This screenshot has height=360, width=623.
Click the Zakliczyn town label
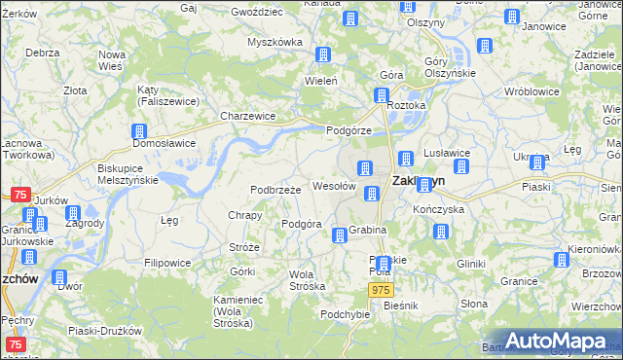point(418,181)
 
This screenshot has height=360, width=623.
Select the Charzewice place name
point(247,116)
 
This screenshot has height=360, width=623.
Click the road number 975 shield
point(382,291)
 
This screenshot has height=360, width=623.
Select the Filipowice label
point(168,263)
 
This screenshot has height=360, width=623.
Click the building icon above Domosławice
point(140,130)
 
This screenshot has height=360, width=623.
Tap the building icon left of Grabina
point(339,234)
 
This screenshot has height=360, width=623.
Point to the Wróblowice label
point(529,90)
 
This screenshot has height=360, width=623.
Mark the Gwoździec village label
point(257,12)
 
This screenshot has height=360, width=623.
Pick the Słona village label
point(474,304)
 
